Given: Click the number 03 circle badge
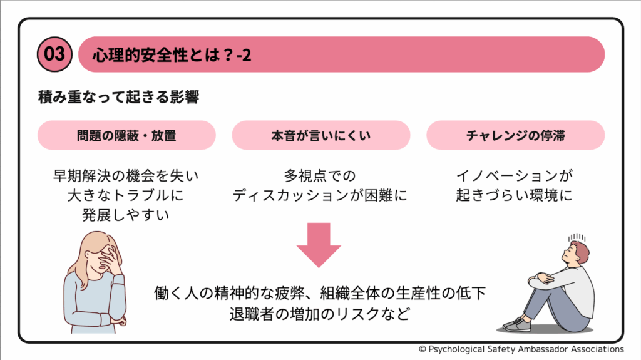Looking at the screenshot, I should pyautogui.click(x=55, y=54).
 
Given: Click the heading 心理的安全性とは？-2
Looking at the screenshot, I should pyautogui.click(x=172, y=55).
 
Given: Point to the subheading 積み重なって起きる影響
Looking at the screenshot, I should pyautogui.click(x=118, y=98).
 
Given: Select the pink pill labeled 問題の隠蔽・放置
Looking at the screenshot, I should pyautogui.click(x=126, y=135).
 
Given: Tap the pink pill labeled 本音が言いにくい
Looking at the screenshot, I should pyautogui.click(x=320, y=135).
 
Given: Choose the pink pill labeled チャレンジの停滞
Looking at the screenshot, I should pyautogui.click(x=515, y=135).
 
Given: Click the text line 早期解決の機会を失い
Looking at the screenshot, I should pyautogui.click(x=126, y=175).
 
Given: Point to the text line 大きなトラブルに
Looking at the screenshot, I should pyautogui.click(x=126, y=195).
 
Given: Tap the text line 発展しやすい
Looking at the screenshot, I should pyautogui.click(x=126, y=215).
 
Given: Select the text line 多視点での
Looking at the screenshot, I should pyautogui.click(x=320, y=175).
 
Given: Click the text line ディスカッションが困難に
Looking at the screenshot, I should pyautogui.click(x=320, y=195).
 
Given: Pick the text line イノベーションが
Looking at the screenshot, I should pyautogui.click(x=515, y=175).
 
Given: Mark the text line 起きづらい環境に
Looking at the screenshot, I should pyautogui.click(x=515, y=195).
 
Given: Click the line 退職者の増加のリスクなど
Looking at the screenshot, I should pyautogui.click(x=320, y=314).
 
